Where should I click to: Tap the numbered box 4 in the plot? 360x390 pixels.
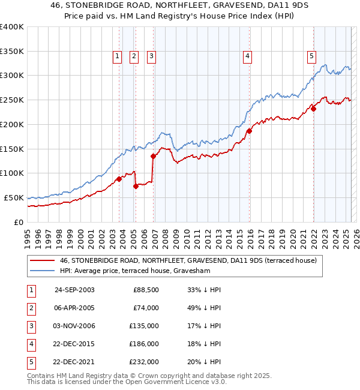click(x=247, y=57)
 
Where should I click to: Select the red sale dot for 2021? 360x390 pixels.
click(x=313, y=109)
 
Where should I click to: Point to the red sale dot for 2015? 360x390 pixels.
click(x=249, y=131)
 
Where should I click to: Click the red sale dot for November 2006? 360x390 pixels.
click(x=153, y=156)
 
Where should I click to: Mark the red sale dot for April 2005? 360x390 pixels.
click(x=136, y=186)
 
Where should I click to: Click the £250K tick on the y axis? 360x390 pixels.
click(x=11, y=100)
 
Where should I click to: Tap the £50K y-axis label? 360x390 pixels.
click(x=13, y=197)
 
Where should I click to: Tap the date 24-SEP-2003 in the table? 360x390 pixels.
click(x=74, y=290)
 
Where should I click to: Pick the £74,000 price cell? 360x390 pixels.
click(x=146, y=308)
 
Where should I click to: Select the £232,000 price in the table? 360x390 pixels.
click(x=143, y=362)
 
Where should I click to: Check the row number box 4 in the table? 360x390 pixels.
click(x=30, y=344)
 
